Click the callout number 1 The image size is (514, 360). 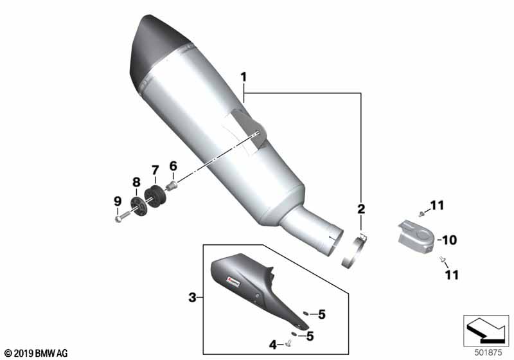pyautogui.click(x=244, y=77)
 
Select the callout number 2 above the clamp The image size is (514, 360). pyautogui.click(x=361, y=208)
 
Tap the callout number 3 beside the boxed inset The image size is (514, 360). pyautogui.click(x=192, y=298)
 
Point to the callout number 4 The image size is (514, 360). pyautogui.click(x=272, y=345)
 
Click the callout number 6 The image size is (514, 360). pyautogui.click(x=173, y=166)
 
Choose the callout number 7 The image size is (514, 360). pyautogui.click(x=155, y=170)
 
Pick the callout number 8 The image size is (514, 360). pyautogui.click(x=136, y=183)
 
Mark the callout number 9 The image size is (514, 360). pyautogui.click(x=118, y=201)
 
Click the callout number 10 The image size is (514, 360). pyautogui.click(x=449, y=240)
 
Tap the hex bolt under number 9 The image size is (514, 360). pyautogui.click(x=123, y=217)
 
